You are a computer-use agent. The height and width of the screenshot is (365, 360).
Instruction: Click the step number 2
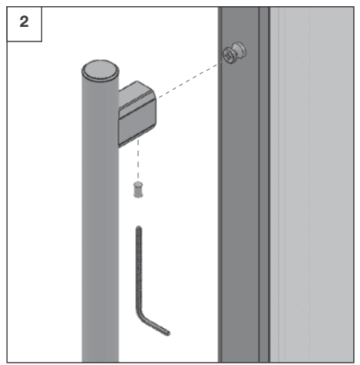click(x=24, y=22)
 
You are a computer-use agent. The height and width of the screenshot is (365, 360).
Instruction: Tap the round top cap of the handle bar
click(x=101, y=70)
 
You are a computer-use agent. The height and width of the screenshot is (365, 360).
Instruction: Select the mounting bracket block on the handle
click(x=137, y=114)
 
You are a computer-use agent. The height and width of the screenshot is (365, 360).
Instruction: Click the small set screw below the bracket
click(x=138, y=190)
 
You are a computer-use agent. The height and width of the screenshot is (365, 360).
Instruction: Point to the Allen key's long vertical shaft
click(x=139, y=269)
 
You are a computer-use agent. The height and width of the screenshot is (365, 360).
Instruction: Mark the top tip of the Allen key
click(x=139, y=227)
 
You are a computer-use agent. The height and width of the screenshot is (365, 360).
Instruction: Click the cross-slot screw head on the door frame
click(x=229, y=55)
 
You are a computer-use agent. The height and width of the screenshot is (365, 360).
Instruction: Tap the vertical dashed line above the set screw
click(x=138, y=160)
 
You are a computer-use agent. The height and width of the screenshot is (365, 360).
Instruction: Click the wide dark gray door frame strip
click(x=240, y=184)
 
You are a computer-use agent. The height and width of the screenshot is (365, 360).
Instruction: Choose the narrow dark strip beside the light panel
click(x=264, y=184)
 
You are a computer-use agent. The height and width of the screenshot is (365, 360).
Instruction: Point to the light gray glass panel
click(x=312, y=184)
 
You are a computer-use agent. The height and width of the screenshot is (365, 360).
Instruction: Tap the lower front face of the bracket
click(x=137, y=129)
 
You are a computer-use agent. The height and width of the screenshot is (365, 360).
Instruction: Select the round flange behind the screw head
click(x=239, y=51)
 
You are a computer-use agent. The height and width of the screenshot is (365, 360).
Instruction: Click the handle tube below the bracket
click(x=100, y=256)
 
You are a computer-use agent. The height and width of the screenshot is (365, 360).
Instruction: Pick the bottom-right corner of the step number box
click(x=41, y=41)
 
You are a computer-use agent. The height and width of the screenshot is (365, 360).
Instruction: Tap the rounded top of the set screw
click(x=138, y=184)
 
